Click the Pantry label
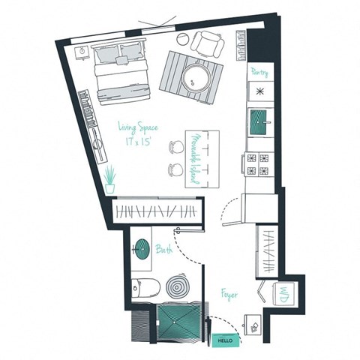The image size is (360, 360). [259, 72]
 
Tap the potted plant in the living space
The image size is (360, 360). [110, 180]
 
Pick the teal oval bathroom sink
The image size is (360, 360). [141, 248]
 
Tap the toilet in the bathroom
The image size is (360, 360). [142, 286]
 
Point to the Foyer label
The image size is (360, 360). [229, 295]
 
